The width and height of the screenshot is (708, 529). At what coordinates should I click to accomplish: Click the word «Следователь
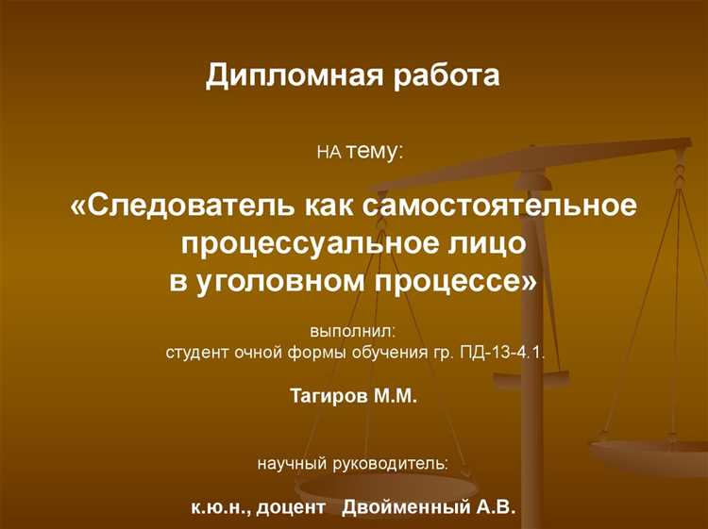tap(175, 205)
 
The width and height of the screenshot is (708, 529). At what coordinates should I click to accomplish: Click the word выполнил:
tap(354, 332)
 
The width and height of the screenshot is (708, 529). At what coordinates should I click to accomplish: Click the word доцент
tap(295, 508)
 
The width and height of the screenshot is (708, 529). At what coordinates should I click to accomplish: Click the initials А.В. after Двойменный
tap(496, 508)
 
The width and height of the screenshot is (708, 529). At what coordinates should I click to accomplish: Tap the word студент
tap(195, 354)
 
